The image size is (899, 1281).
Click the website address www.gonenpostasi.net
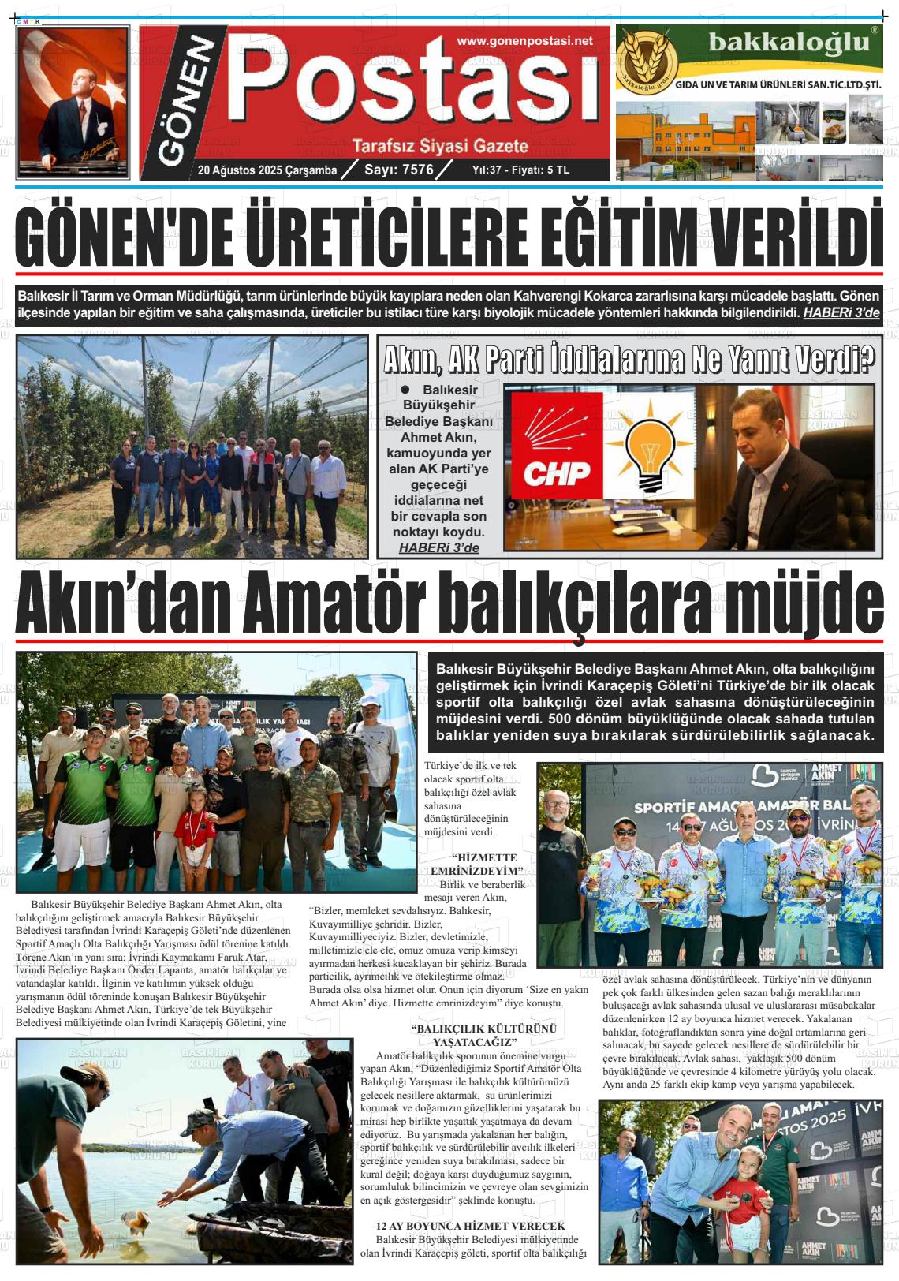524,41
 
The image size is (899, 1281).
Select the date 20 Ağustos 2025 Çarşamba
267,170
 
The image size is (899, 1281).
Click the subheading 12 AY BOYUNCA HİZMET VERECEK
470,1225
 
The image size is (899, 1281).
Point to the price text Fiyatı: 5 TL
540,170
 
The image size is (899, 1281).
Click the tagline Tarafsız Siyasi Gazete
439,146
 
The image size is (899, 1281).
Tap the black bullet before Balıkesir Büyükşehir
406,390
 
